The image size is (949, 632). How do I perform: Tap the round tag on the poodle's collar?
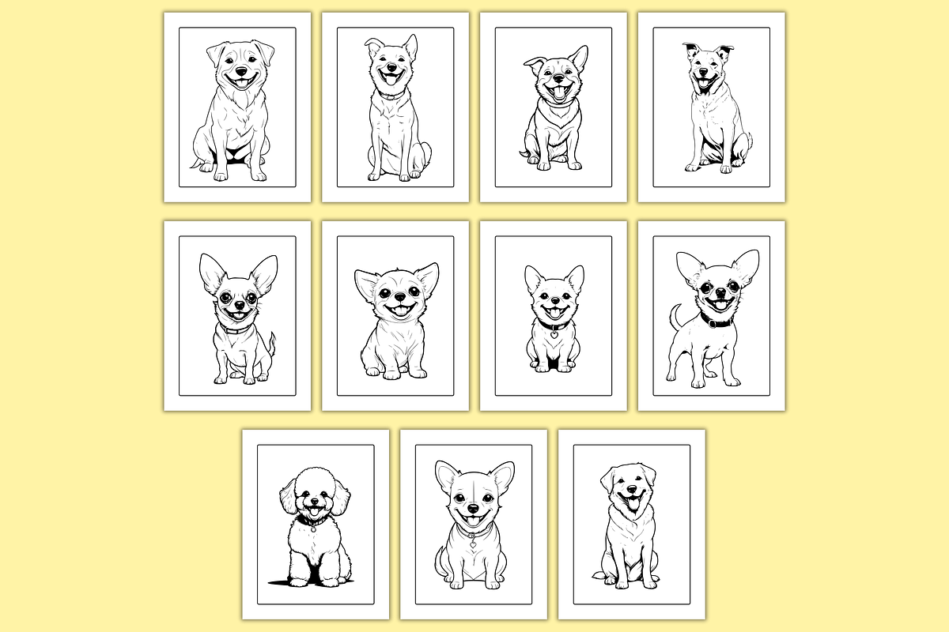point(314,529)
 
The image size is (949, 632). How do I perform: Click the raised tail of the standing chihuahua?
point(675,315)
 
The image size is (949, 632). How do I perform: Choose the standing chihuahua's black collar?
point(716,321)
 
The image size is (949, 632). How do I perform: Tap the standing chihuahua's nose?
point(718,292)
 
